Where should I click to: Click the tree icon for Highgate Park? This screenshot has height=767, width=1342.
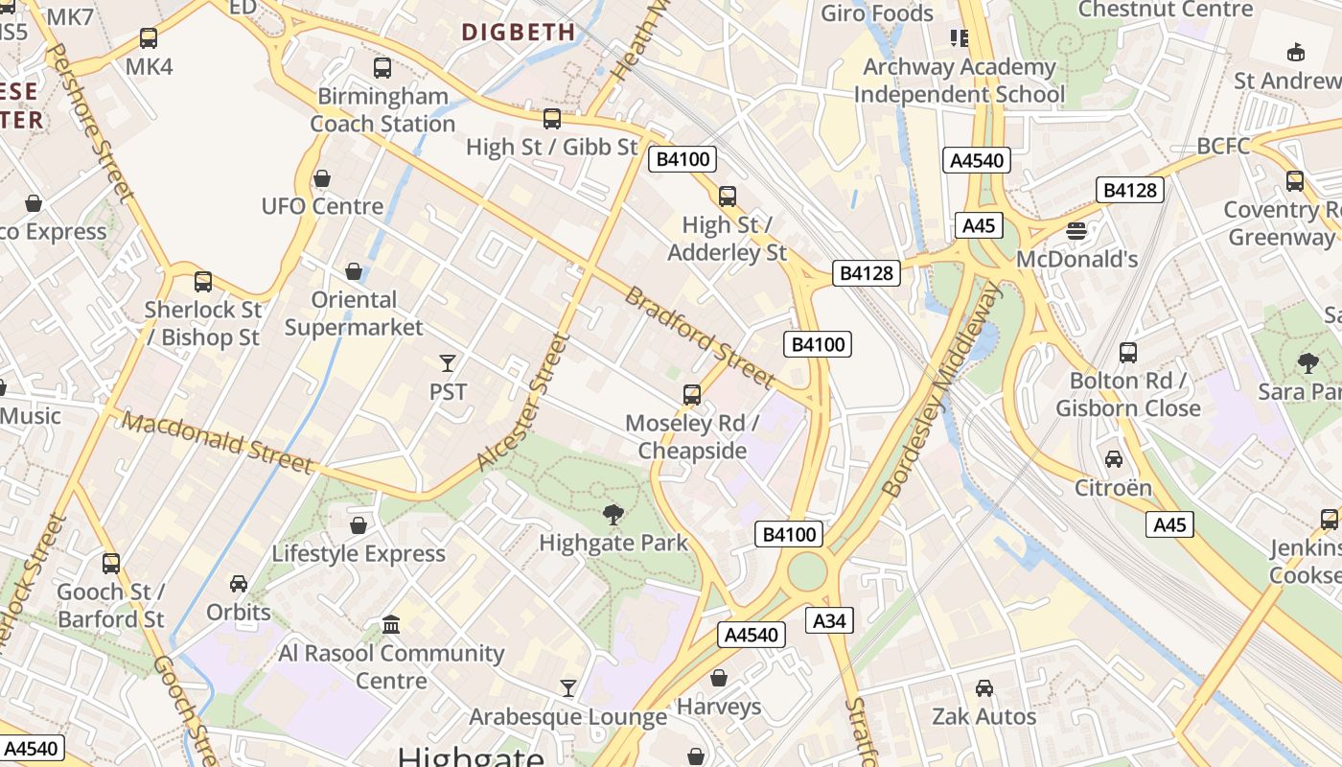613,516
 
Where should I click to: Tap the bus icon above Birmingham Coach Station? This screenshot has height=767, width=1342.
382,68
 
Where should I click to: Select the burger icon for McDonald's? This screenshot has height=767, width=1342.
1076,231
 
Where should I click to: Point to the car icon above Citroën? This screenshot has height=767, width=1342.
1113,459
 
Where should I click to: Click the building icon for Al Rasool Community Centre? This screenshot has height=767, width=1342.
391,625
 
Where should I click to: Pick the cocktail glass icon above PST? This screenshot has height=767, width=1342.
447,363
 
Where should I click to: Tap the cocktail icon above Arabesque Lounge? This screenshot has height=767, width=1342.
568,688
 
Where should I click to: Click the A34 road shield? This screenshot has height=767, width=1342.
829,620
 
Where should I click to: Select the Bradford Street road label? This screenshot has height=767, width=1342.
699,337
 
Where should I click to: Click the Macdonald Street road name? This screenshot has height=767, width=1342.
218,443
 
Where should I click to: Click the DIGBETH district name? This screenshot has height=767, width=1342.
519,33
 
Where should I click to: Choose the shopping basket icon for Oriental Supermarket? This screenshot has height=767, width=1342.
354,272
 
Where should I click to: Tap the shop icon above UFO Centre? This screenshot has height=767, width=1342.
322,179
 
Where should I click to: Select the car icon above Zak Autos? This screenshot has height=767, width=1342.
984,688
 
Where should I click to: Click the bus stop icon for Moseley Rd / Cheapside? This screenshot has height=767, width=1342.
691,395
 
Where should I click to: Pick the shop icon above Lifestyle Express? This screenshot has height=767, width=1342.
359,525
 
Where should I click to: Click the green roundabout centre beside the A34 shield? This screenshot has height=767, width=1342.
807,572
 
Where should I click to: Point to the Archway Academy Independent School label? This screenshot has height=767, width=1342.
959,81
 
